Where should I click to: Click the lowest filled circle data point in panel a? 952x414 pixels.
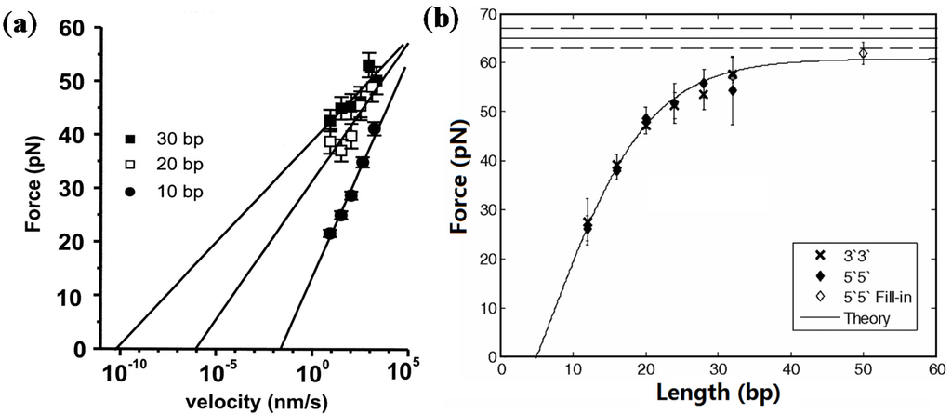point(329,234)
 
